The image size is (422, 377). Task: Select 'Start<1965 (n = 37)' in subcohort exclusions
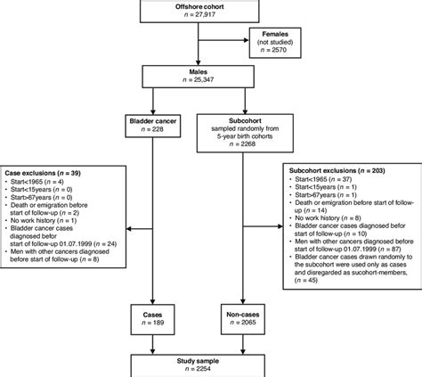coord(326,180)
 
